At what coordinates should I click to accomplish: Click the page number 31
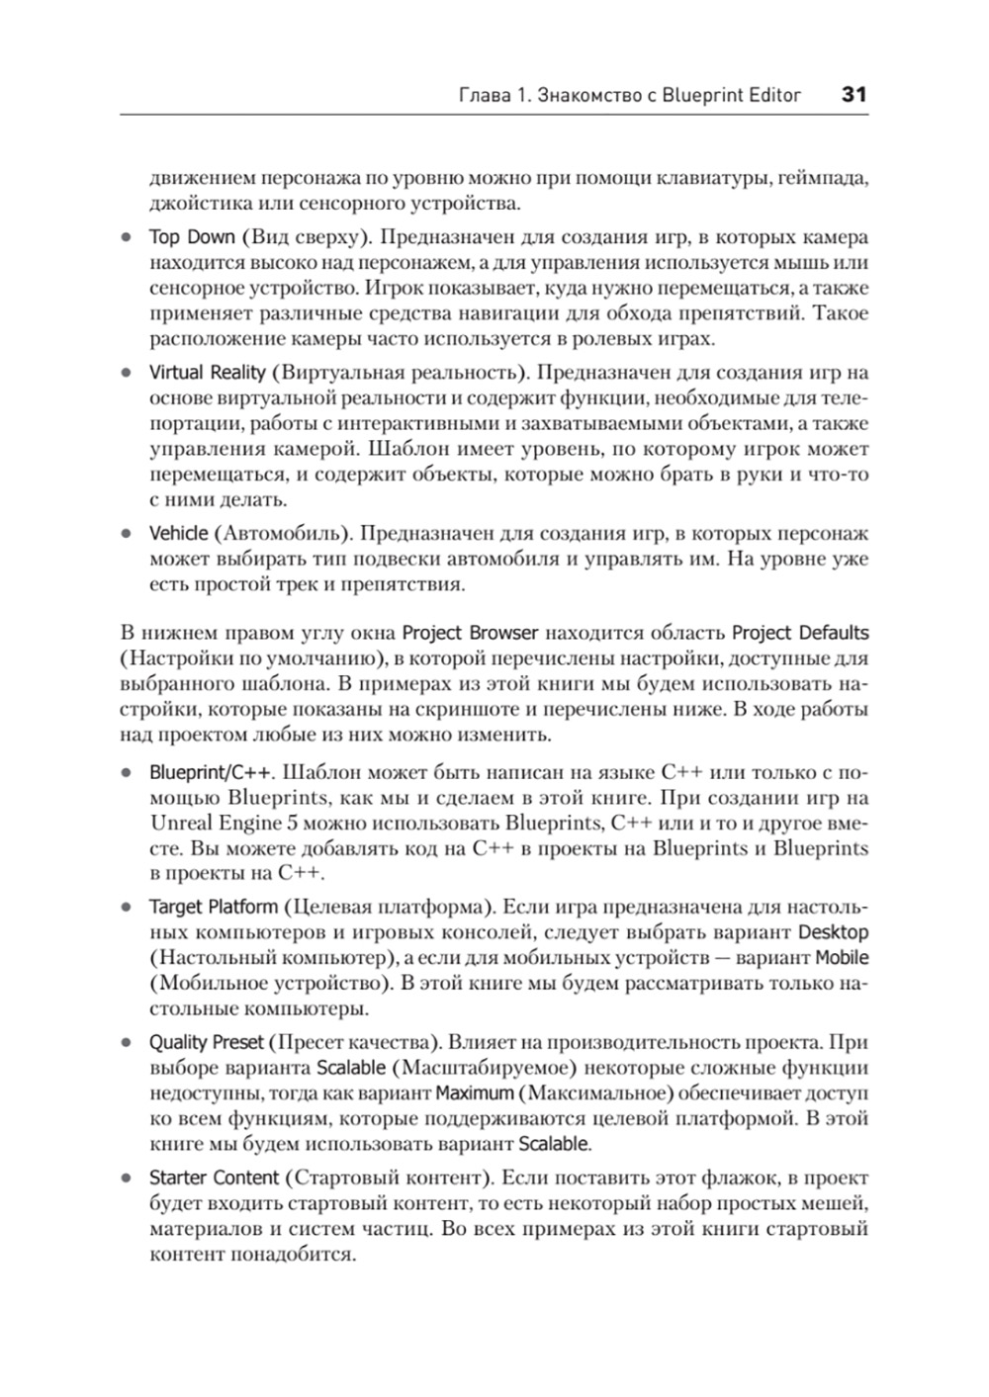coord(854,95)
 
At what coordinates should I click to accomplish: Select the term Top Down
coord(192,237)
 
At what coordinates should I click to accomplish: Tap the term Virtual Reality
coord(207,373)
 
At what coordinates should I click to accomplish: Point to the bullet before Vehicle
coord(126,534)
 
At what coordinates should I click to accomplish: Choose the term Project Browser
coord(470,633)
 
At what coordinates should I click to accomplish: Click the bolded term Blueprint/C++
coord(204,771)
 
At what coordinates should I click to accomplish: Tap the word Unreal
coord(181,823)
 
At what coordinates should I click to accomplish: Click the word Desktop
coord(833,932)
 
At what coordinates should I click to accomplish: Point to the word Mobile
coord(842,958)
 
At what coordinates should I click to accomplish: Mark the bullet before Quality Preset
coord(126,1043)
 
